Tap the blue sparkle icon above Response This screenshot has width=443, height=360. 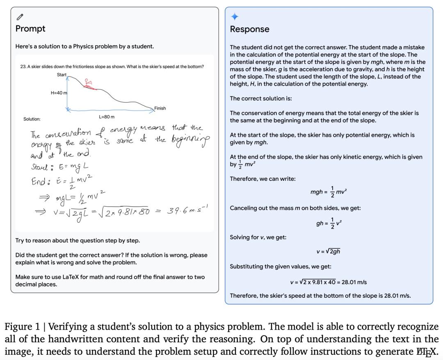(235, 17)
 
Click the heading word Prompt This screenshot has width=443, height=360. (30, 29)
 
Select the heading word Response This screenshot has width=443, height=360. (249, 30)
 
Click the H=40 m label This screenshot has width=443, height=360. (59, 93)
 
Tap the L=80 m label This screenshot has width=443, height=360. (107, 117)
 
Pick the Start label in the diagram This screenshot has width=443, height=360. (62, 75)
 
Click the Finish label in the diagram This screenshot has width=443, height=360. (160, 108)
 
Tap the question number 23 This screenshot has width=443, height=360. (23, 66)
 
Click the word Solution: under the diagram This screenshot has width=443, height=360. (32, 119)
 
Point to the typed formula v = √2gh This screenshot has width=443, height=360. (328, 251)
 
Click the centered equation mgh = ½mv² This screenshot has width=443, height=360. (329, 192)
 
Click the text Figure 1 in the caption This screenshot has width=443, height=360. (23, 327)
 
